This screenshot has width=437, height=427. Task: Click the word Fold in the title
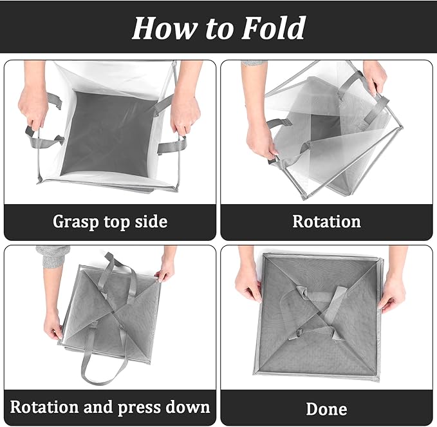pyautogui.click(x=273, y=28)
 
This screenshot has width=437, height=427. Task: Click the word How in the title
pyautogui.click(x=165, y=28)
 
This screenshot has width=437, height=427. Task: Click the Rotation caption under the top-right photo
pyautogui.click(x=326, y=222)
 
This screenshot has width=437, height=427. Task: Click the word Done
pyautogui.click(x=326, y=409)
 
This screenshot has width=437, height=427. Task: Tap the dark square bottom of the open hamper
pyautogui.click(x=110, y=133)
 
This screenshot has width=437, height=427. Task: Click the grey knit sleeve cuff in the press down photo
pyautogui.click(x=53, y=256)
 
